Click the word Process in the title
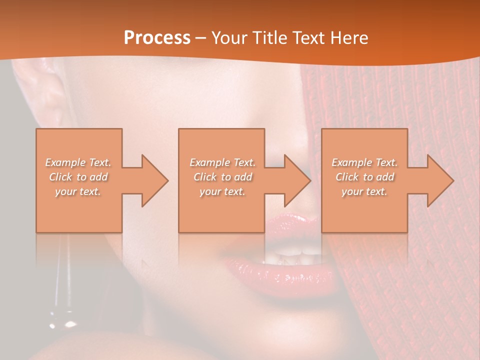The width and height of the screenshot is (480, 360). [157, 38]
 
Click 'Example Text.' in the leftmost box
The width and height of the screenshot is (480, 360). [78, 162]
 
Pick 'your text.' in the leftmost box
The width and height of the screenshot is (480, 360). [78, 191]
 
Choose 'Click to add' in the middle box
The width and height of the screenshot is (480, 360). [222, 177]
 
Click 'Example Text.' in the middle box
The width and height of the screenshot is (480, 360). [222, 162]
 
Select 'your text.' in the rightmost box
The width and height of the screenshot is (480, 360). [364, 191]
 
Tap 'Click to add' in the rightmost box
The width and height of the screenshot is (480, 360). [364, 177]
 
